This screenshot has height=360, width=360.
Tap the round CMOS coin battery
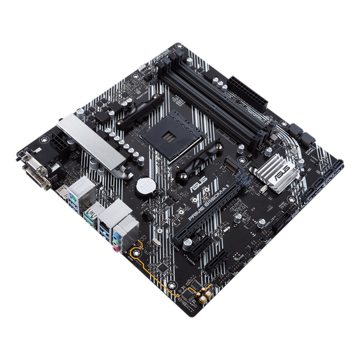pos(143,187)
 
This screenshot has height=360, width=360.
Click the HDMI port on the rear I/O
pos(62,193)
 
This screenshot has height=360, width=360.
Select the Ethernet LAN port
pos(113,213)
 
